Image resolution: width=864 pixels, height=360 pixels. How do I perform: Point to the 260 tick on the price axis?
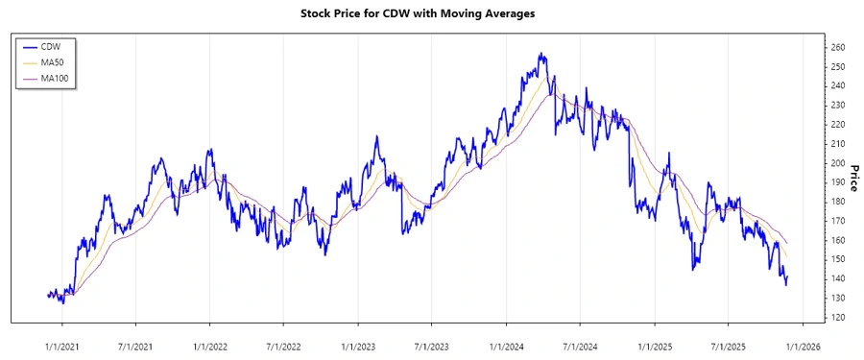[x=838, y=47]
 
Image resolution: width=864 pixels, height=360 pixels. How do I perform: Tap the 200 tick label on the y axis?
[x=838, y=163]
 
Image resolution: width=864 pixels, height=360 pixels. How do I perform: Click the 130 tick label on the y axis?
[x=838, y=298]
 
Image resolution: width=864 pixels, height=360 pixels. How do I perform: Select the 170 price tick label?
[x=838, y=221]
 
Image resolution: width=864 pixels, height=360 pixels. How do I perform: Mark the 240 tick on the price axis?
[x=838, y=85]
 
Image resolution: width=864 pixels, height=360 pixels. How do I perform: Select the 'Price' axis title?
[x=852, y=177]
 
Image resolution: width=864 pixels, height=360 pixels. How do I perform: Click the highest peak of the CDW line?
[x=541, y=54]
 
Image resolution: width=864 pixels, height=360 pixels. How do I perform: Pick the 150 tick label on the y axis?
[x=838, y=259]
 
